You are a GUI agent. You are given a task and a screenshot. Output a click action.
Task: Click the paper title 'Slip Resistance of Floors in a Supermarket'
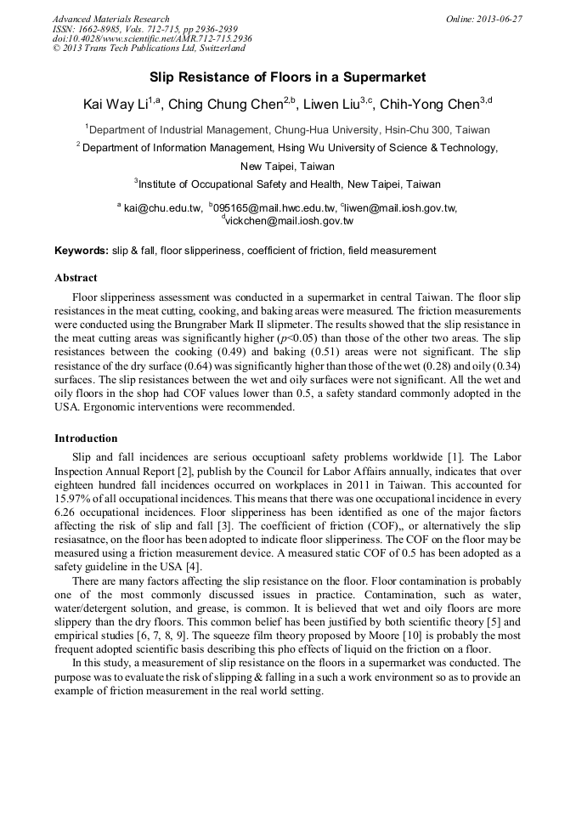coord(287,77)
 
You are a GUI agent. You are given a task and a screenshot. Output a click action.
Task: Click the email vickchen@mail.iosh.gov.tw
coord(289,221)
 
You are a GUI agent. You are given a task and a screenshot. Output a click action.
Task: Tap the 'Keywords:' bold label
coord(82,251)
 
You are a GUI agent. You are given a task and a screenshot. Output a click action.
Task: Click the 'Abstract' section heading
coord(76,278)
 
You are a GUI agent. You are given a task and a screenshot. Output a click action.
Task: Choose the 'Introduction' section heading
coord(86,439)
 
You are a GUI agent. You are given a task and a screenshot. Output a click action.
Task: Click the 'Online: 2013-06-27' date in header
coord(483,19)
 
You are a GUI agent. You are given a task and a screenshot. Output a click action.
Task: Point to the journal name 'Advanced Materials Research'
coord(110,19)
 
